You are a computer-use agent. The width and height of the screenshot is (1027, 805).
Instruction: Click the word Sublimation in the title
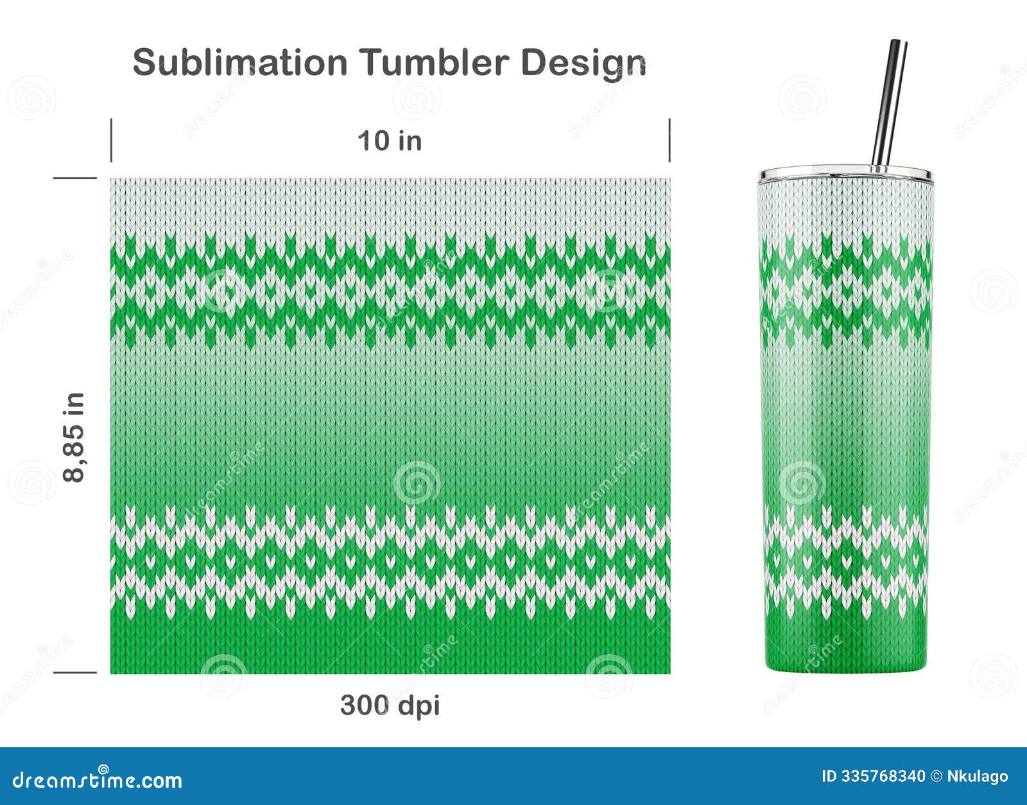(239, 63)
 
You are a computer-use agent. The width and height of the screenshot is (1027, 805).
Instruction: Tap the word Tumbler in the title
(435, 63)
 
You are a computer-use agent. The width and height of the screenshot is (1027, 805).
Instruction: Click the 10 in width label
(390, 141)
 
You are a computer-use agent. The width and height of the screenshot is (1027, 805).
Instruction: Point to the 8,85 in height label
(74, 437)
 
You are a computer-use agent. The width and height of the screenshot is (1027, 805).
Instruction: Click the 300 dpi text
(390, 705)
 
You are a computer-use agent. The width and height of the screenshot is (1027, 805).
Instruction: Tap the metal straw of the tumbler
(889, 103)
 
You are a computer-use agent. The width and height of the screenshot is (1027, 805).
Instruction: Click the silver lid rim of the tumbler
(845, 174)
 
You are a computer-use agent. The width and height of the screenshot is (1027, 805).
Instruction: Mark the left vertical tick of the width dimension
(111, 140)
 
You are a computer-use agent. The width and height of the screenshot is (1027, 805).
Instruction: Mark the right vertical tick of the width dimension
(669, 140)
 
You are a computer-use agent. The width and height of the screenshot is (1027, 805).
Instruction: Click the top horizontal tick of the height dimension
(74, 178)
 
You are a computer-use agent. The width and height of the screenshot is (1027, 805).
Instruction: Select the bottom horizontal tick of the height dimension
(74, 673)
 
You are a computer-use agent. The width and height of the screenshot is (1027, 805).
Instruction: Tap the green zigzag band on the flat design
(390, 289)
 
